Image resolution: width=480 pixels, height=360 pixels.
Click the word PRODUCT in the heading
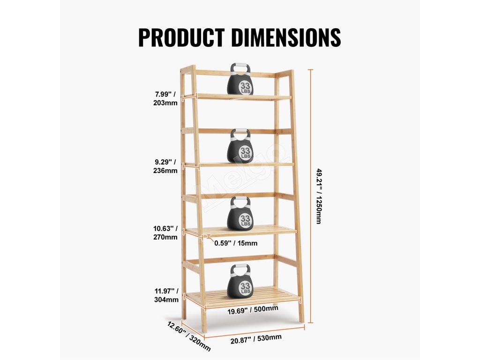tap(181, 37)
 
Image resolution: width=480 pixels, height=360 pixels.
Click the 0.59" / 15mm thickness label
tap(236, 243)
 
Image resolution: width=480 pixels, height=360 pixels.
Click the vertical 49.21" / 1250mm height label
tap(319, 196)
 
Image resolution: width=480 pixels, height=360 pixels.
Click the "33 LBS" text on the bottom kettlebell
tap(245, 288)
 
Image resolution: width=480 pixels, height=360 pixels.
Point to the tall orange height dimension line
tap(310, 196)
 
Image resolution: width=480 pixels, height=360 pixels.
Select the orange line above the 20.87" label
tap(253, 329)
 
